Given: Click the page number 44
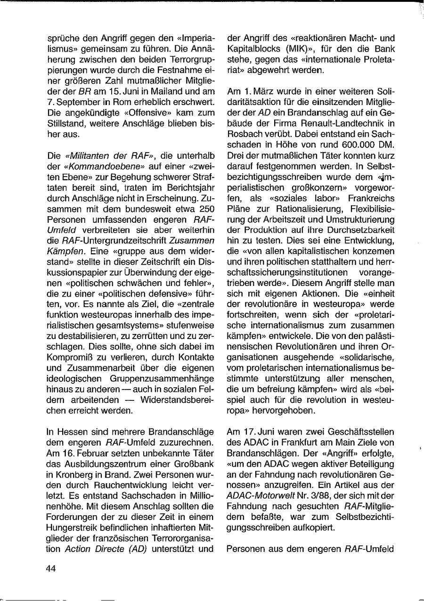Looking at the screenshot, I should click(x=51, y=569).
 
